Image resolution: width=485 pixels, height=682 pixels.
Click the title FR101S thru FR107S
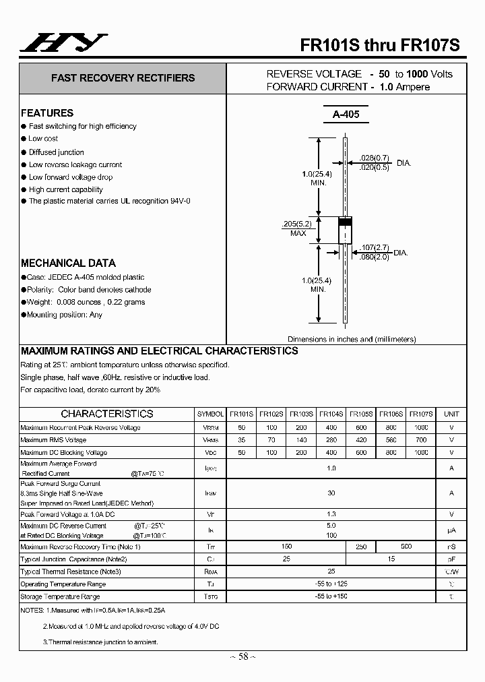380,44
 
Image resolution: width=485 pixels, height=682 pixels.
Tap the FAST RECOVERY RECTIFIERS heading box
123,78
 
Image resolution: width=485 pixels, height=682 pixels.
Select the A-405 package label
346,115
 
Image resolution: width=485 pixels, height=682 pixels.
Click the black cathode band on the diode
345,222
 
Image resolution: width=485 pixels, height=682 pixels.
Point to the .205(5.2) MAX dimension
298,228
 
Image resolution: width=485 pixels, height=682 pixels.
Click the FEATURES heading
47,113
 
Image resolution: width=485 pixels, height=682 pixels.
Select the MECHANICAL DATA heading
68,263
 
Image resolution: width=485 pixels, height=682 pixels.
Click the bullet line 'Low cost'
43,139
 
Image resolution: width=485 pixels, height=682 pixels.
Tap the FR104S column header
331,414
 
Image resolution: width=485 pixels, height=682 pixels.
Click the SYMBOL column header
210,414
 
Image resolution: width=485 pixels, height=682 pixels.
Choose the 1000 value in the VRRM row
421,428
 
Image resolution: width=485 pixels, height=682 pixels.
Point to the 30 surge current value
331,493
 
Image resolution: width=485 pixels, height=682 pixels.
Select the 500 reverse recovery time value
406,547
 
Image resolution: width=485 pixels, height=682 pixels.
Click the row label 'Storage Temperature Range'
60,597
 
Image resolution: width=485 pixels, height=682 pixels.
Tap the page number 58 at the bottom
243,656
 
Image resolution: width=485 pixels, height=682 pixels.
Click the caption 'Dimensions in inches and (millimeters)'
352,340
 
